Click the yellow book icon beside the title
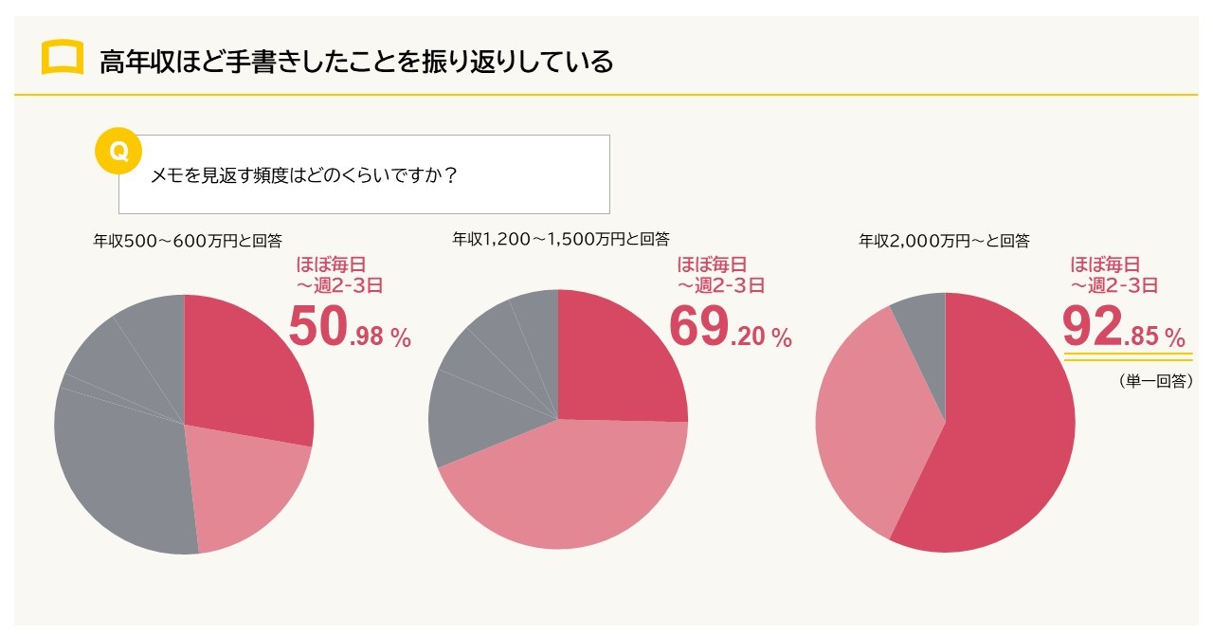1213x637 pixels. (x=63, y=59)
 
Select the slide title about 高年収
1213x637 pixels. (x=355, y=62)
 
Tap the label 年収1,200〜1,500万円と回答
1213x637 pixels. (x=561, y=239)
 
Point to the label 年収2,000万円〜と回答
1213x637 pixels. (x=944, y=241)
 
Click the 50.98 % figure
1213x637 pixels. (x=349, y=328)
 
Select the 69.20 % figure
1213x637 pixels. (x=730, y=327)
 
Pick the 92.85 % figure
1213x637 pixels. (x=1123, y=327)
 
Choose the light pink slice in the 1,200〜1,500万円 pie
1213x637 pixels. (x=569, y=488)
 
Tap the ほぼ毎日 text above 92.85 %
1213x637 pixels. (x=1104, y=264)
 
